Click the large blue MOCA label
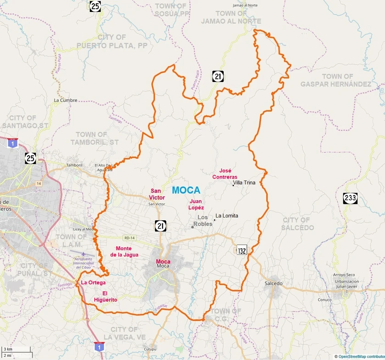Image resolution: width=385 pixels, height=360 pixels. (x=186, y=190)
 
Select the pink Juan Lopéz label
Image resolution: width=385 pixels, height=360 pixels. (x=197, y=204)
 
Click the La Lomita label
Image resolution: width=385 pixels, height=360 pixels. (x=227, y=216)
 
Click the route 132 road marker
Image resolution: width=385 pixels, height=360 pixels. (x=242, y=250)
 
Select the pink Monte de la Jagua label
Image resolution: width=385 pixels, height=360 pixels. (x=124, y=251)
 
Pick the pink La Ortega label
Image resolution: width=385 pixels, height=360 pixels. (x=93, y=283)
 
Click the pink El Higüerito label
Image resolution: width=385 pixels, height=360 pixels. (x=110, y=296)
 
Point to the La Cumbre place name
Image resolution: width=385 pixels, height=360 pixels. (x=66, y=100)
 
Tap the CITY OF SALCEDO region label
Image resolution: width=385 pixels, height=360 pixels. (x=296, y=224)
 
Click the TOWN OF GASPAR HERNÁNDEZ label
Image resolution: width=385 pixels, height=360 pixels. (x=336, y=80)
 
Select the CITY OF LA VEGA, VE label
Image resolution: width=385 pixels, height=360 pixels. (x=124, y=333)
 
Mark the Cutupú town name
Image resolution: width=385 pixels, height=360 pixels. (x=150, y=349)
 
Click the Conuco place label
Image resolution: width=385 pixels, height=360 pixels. (x=324, y=300)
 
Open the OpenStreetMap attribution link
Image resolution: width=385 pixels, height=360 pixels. (x=361, y=356)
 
